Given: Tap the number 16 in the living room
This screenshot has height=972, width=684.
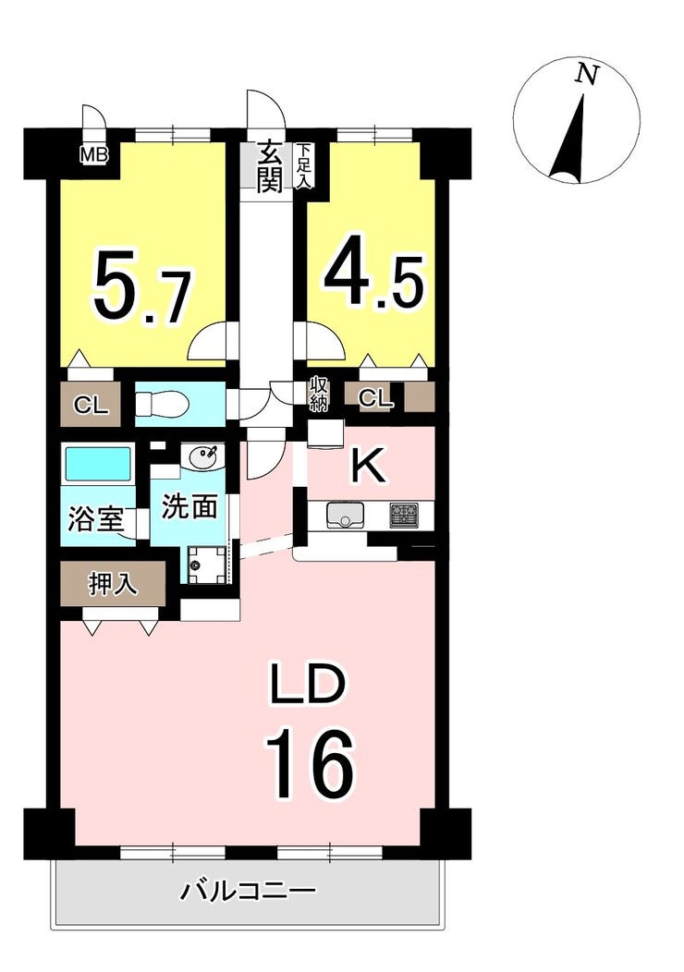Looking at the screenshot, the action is point(310,764).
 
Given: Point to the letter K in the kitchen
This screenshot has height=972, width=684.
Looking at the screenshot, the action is point(369,466).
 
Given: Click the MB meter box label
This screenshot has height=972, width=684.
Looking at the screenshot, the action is point(94,153).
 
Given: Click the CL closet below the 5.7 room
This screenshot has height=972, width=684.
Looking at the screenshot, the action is point(92,406).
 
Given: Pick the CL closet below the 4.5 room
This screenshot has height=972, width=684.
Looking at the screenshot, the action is point(376,398).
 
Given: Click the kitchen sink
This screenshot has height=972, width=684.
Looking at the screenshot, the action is point(346,516).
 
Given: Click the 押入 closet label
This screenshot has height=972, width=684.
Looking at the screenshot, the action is point(113,584).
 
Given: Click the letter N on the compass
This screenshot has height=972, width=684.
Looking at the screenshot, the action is point(587,75).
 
